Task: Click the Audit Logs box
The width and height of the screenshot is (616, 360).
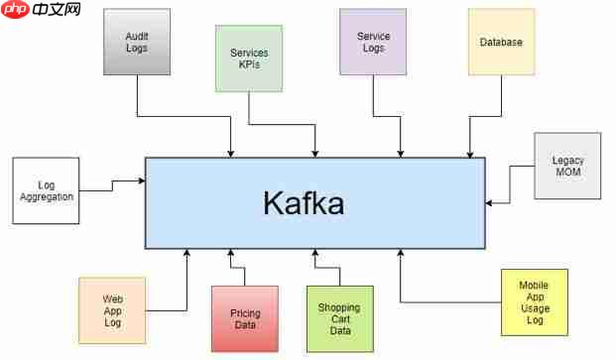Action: coord(137,42)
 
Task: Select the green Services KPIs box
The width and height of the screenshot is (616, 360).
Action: coord(249,58)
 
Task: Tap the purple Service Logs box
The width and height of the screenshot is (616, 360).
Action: coord(373,42)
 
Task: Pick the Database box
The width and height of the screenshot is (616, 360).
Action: coord(501,42)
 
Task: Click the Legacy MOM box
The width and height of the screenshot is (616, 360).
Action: coord(567,166)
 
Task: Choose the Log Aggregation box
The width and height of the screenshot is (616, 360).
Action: coord(46,190)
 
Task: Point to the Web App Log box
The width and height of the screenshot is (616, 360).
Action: coord(112,310)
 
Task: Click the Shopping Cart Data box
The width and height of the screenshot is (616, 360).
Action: coord(339,318)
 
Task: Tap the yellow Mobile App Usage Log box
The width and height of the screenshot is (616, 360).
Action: coord(534,301)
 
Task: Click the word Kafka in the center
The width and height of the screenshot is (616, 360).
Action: coord(304,203)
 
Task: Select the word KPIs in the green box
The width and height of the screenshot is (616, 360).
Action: coord(249,64)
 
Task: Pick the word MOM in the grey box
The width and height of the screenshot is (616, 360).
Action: coord(567,173)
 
